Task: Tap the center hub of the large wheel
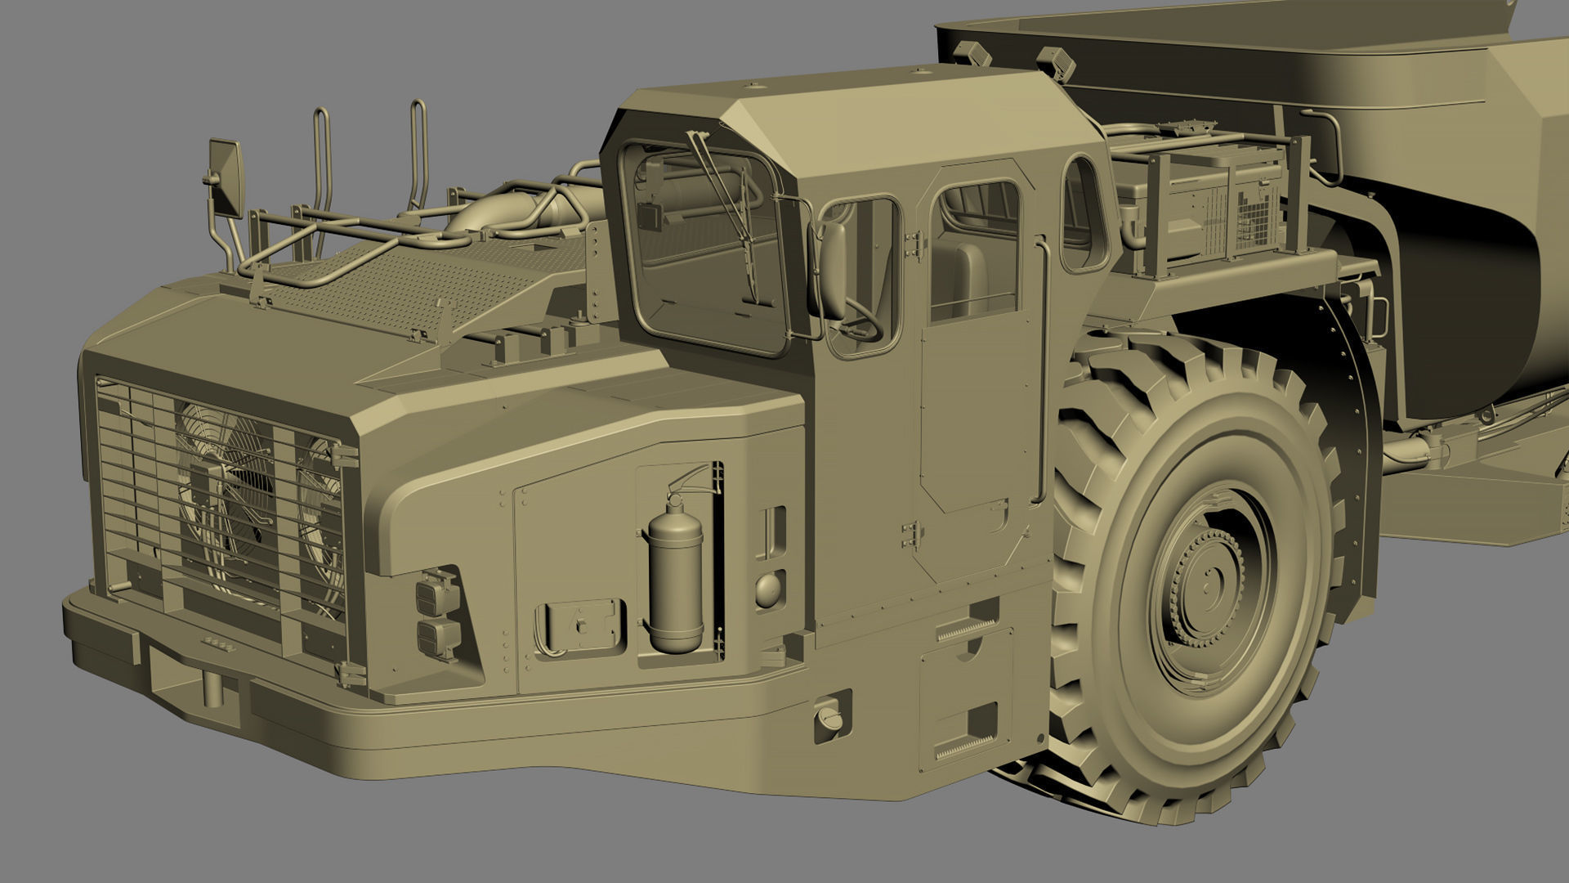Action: [x=1208, y=591]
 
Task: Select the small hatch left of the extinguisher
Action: [x=579, y=625]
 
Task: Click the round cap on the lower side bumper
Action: [x=830, y=720]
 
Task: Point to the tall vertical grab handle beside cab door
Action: [x=1039, y=368]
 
